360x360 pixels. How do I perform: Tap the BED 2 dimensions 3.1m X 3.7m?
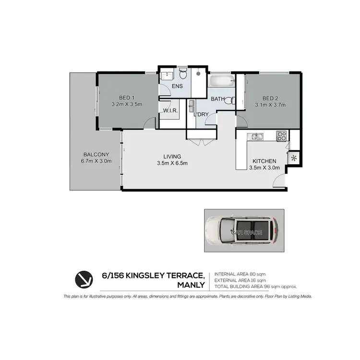pyautogui.click(x=270, y=104)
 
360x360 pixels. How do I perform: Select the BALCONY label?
pyautogui.click(x=96, y=154)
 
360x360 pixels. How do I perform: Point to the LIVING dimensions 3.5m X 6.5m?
pyautogui.click(x=171, y=163)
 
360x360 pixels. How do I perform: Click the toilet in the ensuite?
pyautogui.click(x=182, y=74)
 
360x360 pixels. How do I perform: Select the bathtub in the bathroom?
pyautogui.click(x=221, y=80)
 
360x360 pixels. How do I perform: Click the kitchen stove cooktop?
pyautogui.click(x=282, y=136)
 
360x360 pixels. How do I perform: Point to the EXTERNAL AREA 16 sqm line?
pyautogui.click(x=240, y=279)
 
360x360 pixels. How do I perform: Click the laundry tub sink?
pyautogui.click(x=192, y=106)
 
